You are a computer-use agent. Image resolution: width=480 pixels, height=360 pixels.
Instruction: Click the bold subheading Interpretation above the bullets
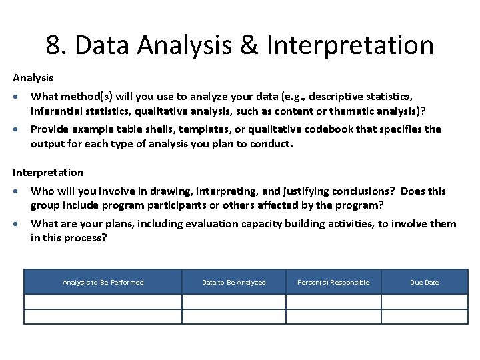tap(48, 172)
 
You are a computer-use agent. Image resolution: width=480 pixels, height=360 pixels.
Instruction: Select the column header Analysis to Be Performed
tap(103, 282)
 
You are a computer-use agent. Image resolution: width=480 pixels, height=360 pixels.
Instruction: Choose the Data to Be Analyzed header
tap(233, 282)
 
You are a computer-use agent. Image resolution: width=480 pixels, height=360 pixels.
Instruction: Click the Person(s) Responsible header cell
tap(333, 282)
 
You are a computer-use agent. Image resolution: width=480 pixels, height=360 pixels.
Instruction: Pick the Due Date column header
tap(424, 282)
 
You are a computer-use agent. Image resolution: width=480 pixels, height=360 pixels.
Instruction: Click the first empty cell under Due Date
tap(424, 301)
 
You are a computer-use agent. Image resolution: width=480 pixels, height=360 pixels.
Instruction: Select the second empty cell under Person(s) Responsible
tap(333, 316)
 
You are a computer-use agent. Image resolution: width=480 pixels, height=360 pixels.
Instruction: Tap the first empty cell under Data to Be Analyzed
tap(233, 301)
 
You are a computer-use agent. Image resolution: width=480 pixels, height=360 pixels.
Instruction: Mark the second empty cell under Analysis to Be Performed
tap(103, 316)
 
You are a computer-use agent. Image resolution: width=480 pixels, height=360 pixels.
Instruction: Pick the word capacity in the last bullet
tap(255, 223)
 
